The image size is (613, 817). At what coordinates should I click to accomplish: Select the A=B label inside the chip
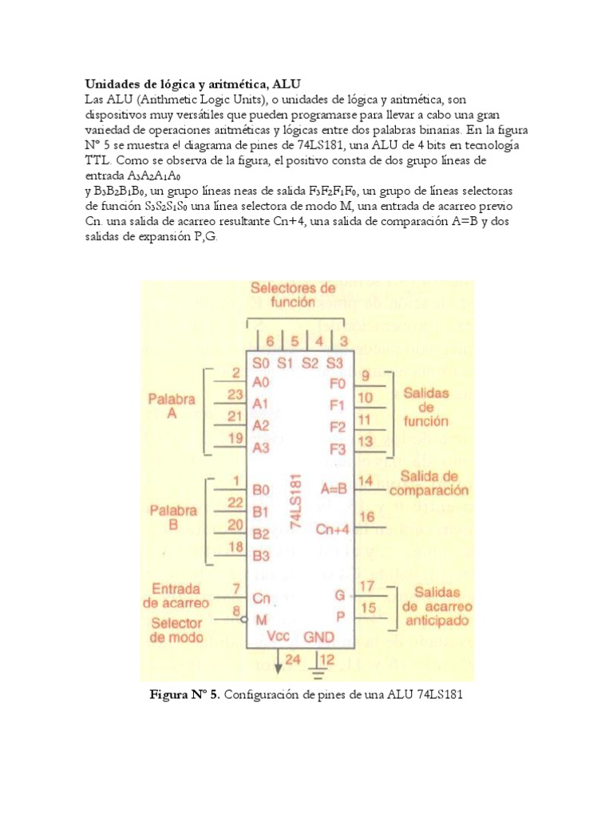click(334, 488)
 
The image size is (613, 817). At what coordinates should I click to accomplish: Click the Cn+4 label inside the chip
click(332, 528)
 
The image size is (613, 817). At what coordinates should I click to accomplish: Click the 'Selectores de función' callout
click(293, 295)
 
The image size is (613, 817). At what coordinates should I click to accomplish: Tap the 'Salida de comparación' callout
click(434, 483)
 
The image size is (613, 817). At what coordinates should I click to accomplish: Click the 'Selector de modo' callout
click(176, 630)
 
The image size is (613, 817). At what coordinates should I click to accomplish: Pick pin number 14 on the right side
click(366, 480)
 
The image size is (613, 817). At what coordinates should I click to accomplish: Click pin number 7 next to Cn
click(235, 589)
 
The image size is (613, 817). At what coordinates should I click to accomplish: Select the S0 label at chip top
click(260, 361)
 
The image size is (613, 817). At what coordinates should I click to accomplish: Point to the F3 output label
click(338, 448)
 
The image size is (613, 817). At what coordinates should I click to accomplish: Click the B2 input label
click(261, 533)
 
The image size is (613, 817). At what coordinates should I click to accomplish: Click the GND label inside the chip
click(318, 637)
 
